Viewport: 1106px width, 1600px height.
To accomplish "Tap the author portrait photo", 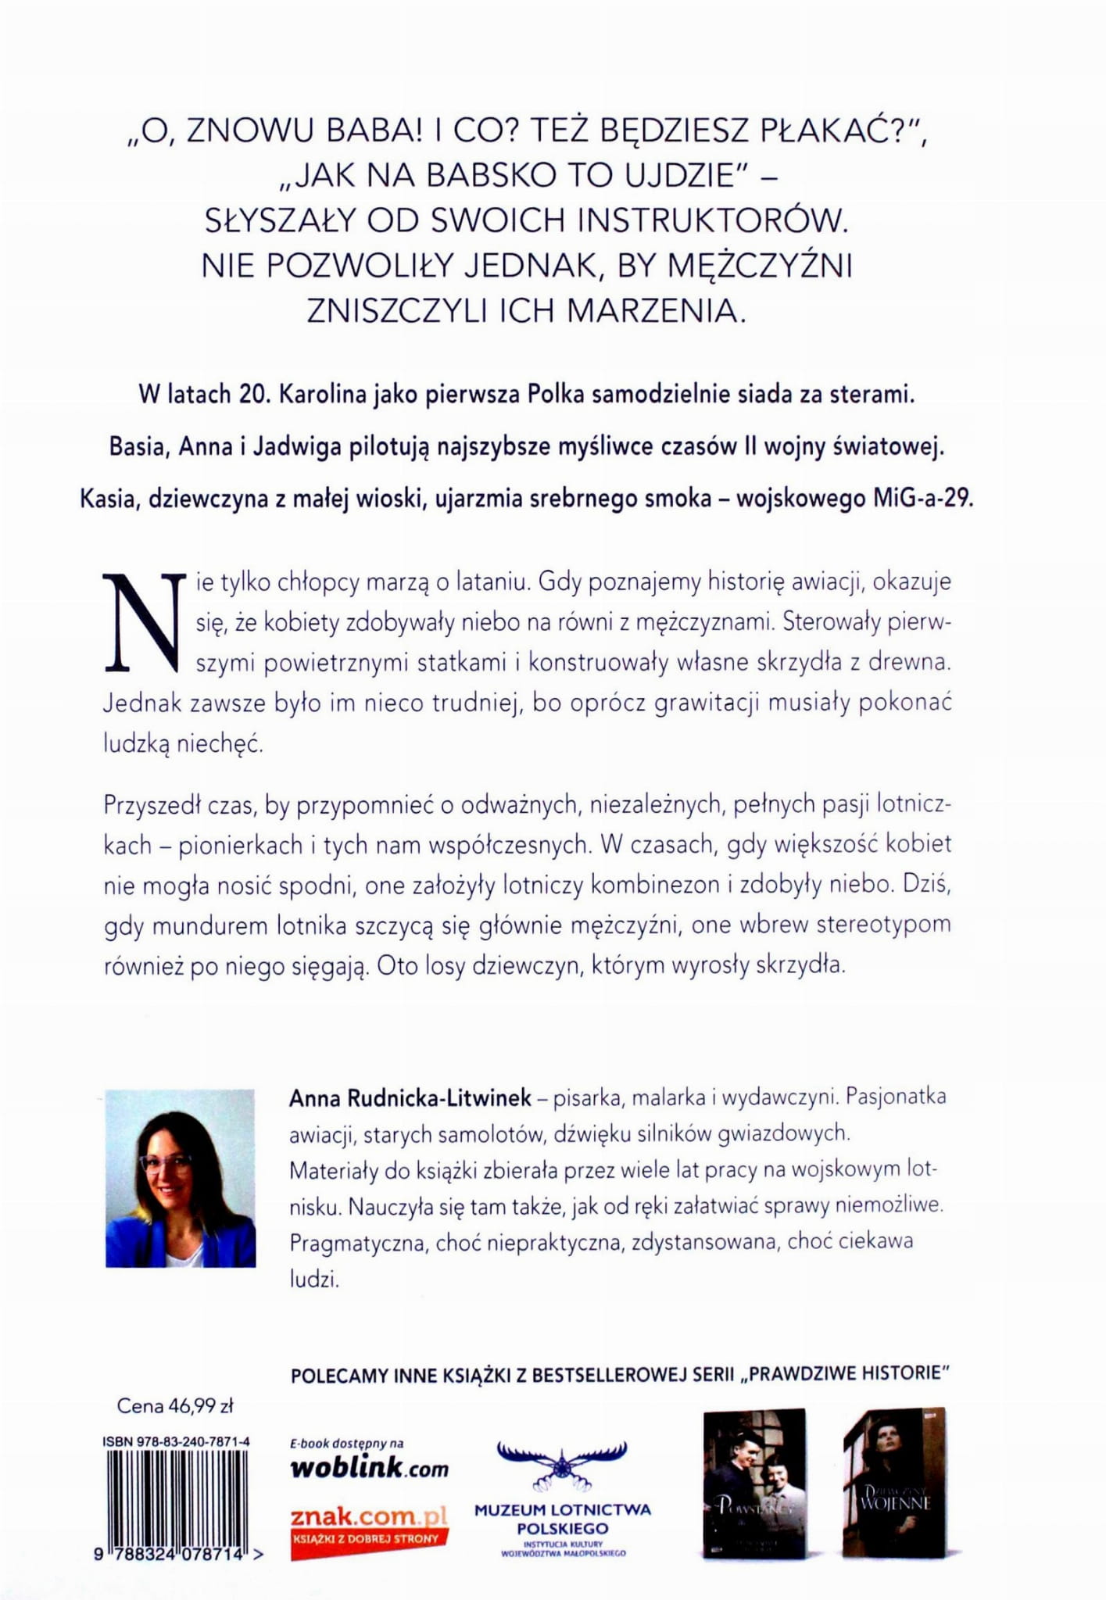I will (181, 1178).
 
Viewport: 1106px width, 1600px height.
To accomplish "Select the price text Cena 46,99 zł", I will (175, 1406).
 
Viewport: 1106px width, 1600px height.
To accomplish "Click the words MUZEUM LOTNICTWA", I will (562, 1509).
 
